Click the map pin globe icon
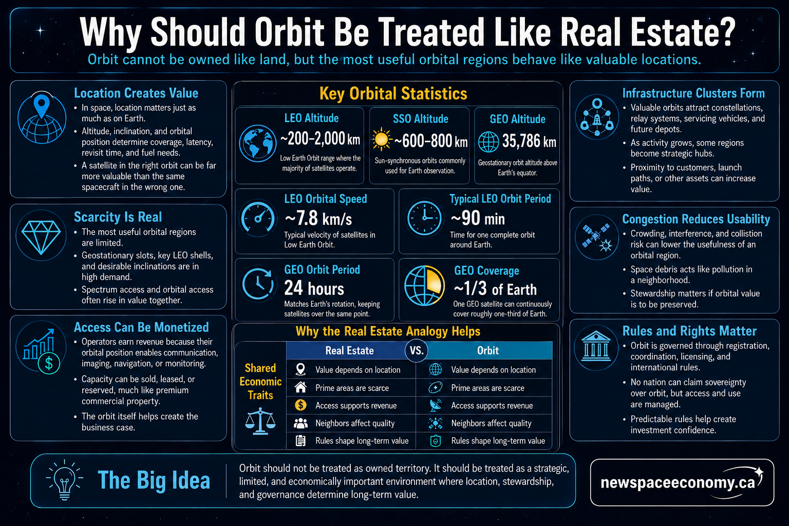(x=42, y=118)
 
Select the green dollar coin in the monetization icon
(x=49, y=363)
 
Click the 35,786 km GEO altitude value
(x=529, y=141)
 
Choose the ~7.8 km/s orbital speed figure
(x=318, y=218)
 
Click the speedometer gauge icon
(x=257, y=218)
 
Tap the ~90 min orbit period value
(x=478, y=218)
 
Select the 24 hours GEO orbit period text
(x=314, y=288)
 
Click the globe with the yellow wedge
(x=424, y=286)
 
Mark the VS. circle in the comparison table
(x=417, y=350)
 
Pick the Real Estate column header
(x=349, y=350)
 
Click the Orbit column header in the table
(x=488, y=350)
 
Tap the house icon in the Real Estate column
(x=300, y=387)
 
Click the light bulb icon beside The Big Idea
(x=64, y=480)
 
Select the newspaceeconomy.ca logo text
(x=678, y=482)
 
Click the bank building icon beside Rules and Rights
(x=596, y=347)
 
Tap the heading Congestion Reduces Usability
(x=696, y=219)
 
